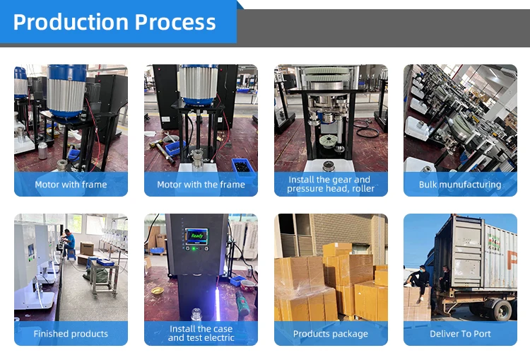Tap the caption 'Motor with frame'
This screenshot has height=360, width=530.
coord(71,185)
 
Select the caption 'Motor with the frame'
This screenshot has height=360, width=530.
coord(201,185)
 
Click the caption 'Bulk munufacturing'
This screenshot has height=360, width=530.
coord(460,185)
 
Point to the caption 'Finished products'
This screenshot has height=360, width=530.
coord(71,334)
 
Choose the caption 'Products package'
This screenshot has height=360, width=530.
coord(331,334)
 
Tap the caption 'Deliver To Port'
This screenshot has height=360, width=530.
coord(460,334)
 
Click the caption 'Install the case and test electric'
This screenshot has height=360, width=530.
coord(201,333)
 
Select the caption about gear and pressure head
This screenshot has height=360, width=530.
coord(331,185)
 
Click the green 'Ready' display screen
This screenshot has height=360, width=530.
coord(197,236)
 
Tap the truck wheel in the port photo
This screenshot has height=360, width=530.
coord(500,308)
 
